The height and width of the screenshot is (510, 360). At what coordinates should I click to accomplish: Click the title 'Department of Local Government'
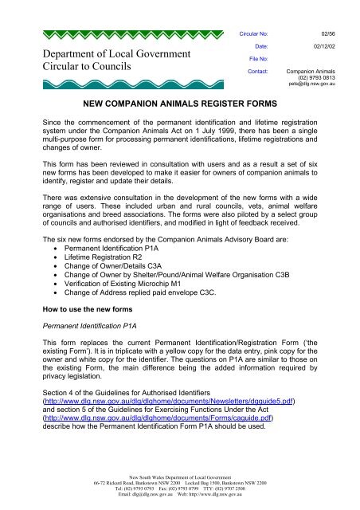point(104,53)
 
